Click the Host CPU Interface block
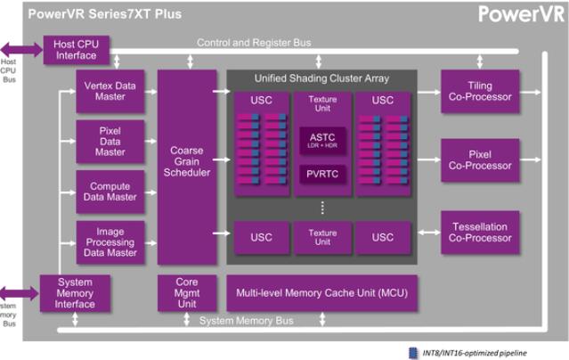(x=76, y=51)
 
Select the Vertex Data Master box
(x=110, y=91)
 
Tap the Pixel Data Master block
(x=110, y=140)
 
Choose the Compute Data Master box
(x=110, y=191)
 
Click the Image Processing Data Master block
(x=110, y=241)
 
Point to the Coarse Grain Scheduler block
(x=187, y=166)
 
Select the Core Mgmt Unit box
(x=187, y=291)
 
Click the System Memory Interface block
(x=75, y=291)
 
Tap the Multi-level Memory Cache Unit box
(x=322, y=292)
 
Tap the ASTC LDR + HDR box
(x=321, y=140)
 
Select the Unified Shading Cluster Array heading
(x=321, y=78)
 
